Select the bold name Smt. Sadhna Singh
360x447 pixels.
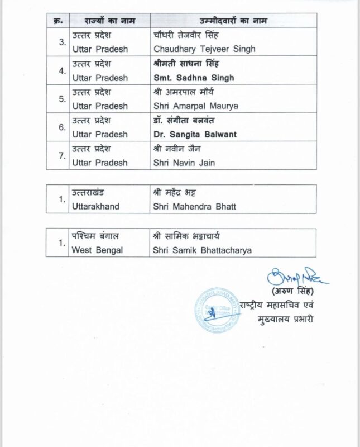click(x=193, y=78)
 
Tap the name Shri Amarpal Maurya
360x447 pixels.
click(x=192, y=106)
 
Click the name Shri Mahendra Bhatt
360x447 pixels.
click(x=194, y=207)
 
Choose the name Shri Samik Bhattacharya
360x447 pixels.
click(x=201, y=250)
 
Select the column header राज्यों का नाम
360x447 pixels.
click(x=106, y=21)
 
